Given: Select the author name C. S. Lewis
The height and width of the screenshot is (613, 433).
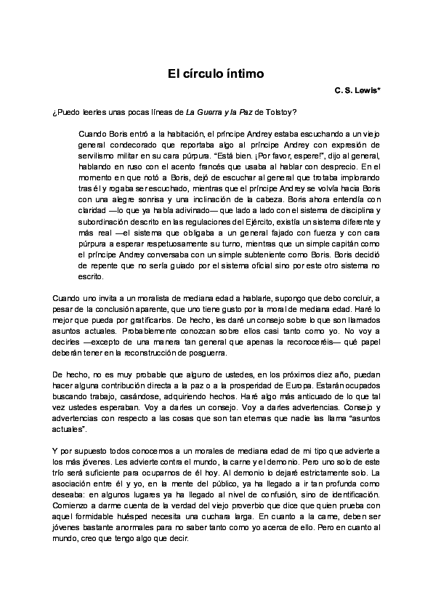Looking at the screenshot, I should pos(356,92).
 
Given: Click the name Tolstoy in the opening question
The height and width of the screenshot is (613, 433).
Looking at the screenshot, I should pos(280,111).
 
